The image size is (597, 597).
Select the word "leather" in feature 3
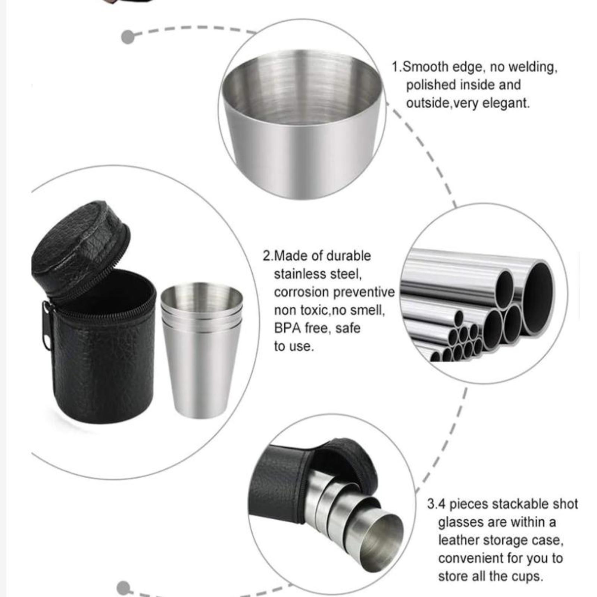click(459, 540)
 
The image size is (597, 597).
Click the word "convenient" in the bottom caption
click(468, 558)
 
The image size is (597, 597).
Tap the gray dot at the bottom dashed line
click(124, 588)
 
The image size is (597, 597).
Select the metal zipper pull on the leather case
click(47, 326)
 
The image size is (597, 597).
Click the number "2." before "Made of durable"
click(268, 256)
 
